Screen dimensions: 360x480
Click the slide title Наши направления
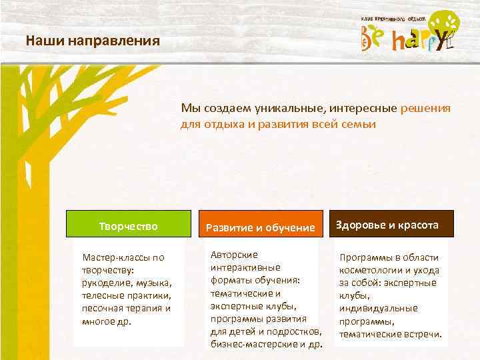93,41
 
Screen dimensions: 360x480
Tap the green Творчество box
128,226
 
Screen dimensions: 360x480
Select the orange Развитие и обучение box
260,227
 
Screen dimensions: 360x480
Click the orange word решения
426,108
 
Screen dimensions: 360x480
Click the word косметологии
370,270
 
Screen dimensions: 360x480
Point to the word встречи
421,333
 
